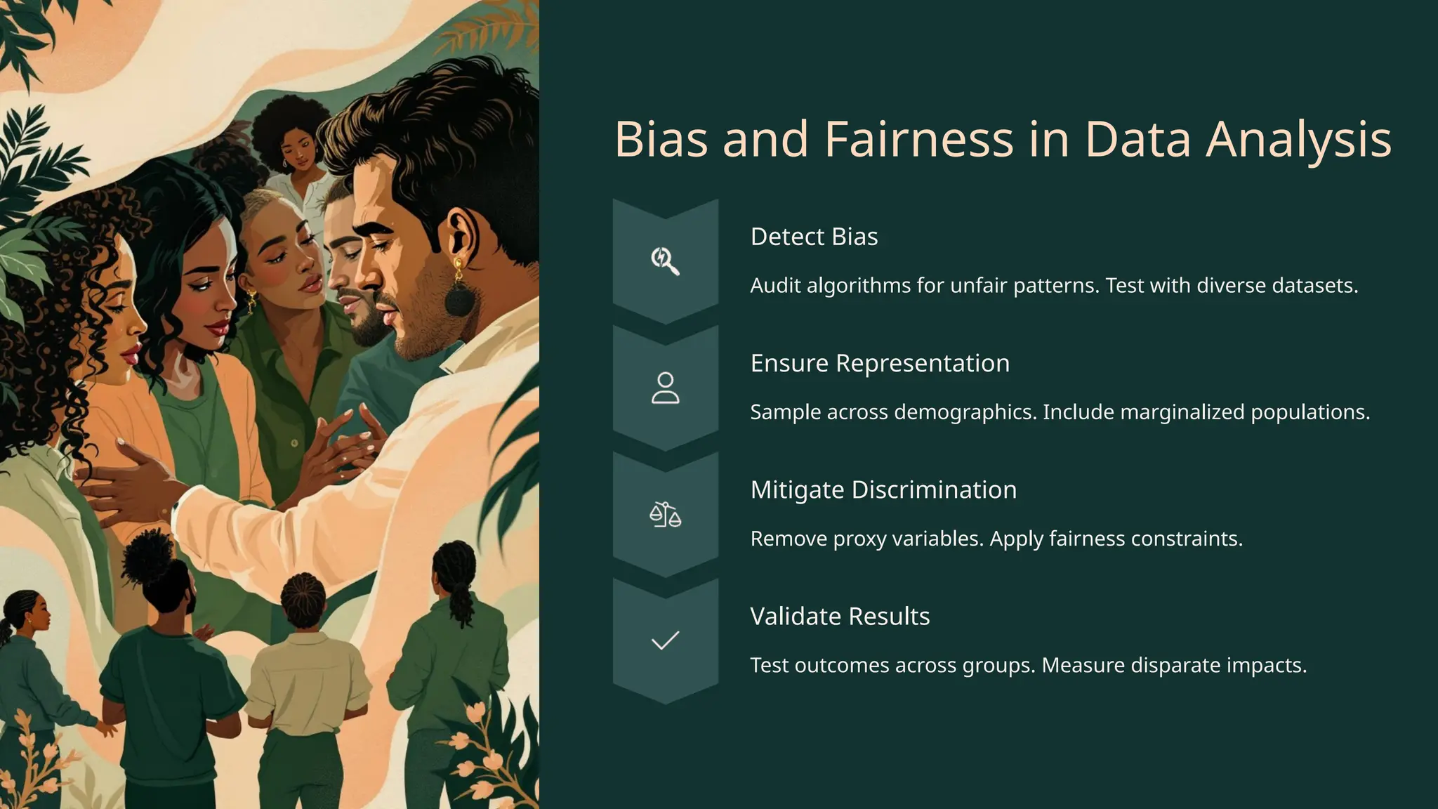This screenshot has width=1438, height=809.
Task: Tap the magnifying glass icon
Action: point(664,261)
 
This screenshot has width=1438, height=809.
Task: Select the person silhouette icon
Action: point(665,388)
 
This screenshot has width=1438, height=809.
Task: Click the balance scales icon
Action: point(665,515)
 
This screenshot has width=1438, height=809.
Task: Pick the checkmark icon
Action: point(665,640)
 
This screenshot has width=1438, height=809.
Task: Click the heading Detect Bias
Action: point(814,237)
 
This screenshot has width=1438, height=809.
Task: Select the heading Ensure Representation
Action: point(879,363)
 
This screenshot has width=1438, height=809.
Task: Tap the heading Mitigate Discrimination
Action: point(883,489)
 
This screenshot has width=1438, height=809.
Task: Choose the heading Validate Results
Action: point(839,616)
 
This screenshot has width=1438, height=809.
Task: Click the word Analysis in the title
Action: point(1298,139)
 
